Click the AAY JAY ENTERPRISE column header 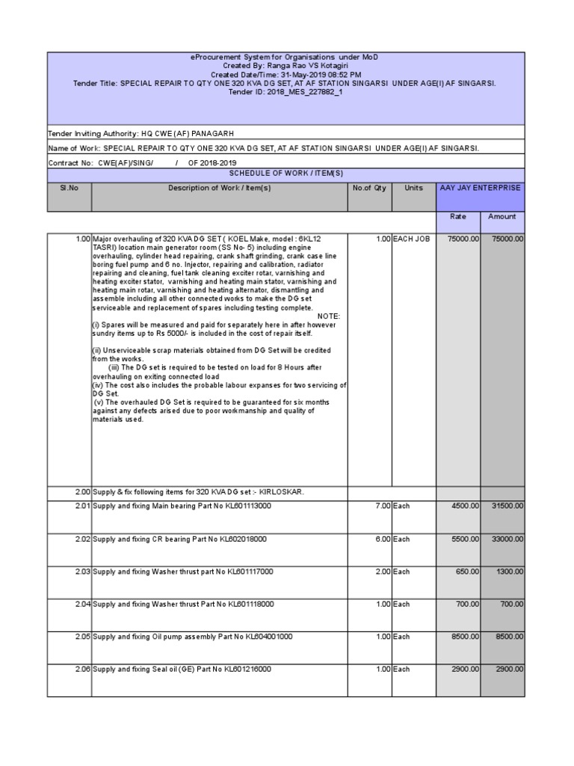pos(480,188)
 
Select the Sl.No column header pos(69,188)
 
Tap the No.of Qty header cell pos(369,188)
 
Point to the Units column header pos(413,188)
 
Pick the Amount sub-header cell pos(502,216)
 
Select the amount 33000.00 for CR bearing pos(507,539)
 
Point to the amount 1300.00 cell pos(509,572)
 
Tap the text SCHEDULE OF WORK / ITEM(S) pos(286,173)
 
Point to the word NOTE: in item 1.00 pos(329,316)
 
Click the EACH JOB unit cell pos(412,239)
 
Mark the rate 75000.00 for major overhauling pos(463,239)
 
